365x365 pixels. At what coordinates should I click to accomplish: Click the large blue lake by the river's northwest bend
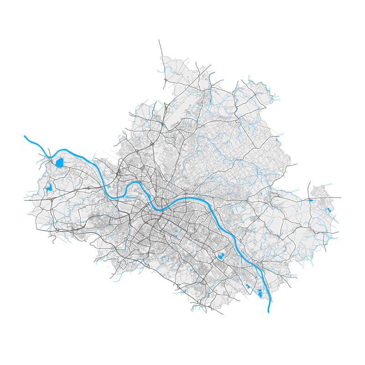pos(59,162)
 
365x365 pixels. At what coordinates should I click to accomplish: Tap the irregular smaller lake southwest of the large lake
pos(48,187)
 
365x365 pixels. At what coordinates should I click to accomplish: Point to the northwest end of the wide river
pos(25,136)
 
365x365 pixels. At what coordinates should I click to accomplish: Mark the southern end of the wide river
pos(269,312)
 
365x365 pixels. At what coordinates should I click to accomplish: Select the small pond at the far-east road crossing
pos(311,200)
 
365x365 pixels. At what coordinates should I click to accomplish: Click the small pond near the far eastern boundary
pos(328,210)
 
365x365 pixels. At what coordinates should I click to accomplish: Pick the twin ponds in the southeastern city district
pos(221,256)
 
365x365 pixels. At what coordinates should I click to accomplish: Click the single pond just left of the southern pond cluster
pos(248,286)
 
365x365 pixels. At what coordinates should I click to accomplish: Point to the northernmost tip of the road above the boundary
pos(159,40)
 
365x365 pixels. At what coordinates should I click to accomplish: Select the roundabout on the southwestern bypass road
pos(57,231)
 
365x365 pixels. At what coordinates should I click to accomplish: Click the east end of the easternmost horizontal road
pos(340,197)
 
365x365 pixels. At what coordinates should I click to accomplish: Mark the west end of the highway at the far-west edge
pos(25,199)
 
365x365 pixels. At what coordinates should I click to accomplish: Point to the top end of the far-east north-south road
pos(310,182)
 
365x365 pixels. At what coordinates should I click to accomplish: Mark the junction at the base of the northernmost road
pos(165,87)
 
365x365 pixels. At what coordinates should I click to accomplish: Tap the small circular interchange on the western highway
pos(89,188)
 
